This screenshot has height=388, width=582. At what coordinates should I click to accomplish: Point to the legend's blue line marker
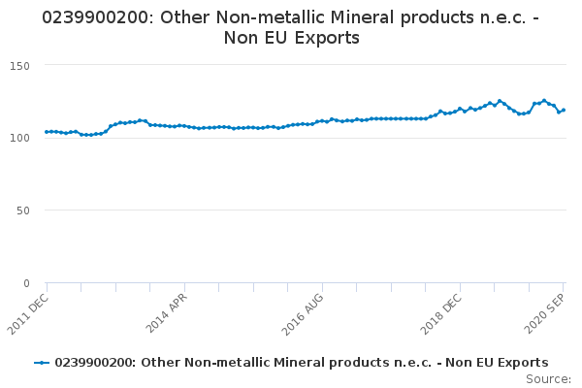click(42, 362)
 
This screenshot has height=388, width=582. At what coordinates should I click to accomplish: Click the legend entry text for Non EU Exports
click(301, 362)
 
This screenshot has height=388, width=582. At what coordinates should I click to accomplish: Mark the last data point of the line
click(564, 110)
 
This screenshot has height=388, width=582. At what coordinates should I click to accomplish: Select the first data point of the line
click(47, 132)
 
